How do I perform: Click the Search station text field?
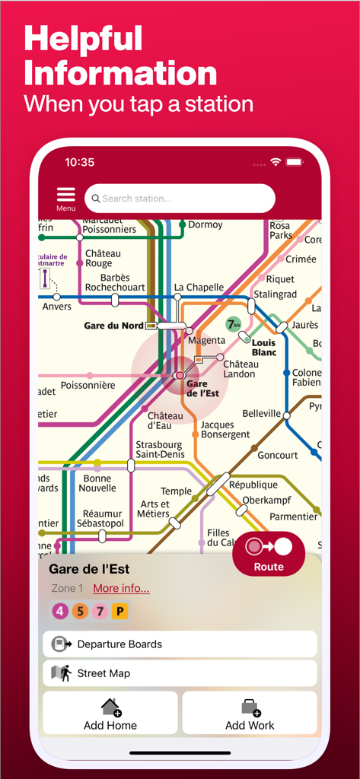180,199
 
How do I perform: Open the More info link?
121,588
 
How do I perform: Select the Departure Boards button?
180,644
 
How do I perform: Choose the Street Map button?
180,673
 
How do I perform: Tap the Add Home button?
110,714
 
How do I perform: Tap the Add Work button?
250,714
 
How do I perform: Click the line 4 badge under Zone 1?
59,610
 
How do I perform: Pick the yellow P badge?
119,610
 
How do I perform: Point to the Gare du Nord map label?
113,326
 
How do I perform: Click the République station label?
253,485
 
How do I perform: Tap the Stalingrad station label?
275,294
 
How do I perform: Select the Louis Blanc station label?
263,348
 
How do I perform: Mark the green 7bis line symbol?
234,324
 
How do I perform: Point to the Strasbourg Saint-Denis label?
158,449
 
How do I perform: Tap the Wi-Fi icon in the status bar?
276,162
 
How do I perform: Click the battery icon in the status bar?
295,162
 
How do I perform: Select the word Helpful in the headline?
83,38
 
